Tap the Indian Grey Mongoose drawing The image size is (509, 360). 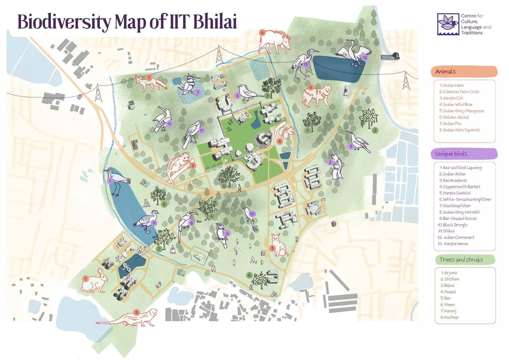pyautogui.click(x=127, y=318)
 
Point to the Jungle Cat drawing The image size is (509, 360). pyautogui.click(x=279, y=245)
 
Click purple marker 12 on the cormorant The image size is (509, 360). pyautogui.click(x=365, y=58)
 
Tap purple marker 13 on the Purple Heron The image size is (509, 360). pyautogui.click(x=305, y=64)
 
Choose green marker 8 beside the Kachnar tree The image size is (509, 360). pyautogui.click(x=249, y=275)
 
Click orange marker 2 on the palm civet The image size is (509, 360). pyautogui.click(x=192, y=165)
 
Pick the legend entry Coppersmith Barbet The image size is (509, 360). pyautogui.click(x=461, y=187)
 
